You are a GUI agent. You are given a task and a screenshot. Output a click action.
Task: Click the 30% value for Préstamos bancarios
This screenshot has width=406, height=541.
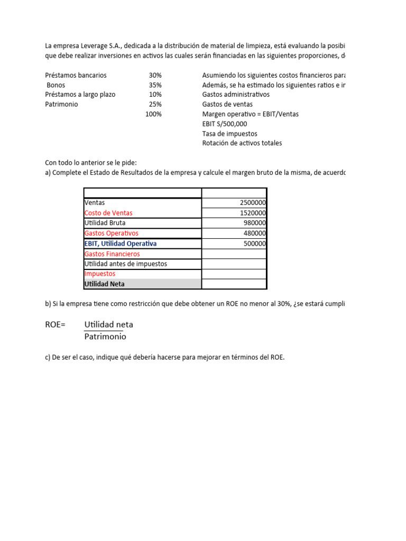(155, 76)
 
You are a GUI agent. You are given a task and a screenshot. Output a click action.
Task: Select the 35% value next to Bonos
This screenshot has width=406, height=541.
(155, 85)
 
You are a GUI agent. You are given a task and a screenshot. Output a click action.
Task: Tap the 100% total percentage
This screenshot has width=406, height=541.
(153, 114)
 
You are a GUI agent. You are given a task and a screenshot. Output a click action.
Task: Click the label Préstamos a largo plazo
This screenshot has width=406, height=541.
(80, 95)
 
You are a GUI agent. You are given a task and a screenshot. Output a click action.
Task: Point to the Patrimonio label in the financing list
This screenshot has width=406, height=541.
(61, 104)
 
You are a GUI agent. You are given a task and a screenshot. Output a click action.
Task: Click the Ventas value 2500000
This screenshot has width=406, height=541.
(253, 203)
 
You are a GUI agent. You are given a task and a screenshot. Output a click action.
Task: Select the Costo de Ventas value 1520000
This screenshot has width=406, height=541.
(253, 213)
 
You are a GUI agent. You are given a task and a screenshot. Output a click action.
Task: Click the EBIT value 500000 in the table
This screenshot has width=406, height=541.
(255, 244)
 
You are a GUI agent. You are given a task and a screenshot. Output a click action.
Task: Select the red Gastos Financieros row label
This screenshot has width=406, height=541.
(112, 254)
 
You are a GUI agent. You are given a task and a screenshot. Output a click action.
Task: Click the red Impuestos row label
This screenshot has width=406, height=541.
(100, 274)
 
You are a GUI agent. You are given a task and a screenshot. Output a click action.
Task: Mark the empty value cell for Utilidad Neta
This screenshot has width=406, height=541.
(234, 284)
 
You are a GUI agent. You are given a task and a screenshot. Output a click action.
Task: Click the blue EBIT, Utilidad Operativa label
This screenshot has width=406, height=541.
(121, 244)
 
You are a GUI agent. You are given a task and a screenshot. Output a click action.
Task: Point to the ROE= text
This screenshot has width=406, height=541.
(56, 324)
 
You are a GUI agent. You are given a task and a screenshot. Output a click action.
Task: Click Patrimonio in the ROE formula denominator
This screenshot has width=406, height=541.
(105, 337)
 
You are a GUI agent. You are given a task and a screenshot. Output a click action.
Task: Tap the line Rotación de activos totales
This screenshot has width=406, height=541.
(242, 143)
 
